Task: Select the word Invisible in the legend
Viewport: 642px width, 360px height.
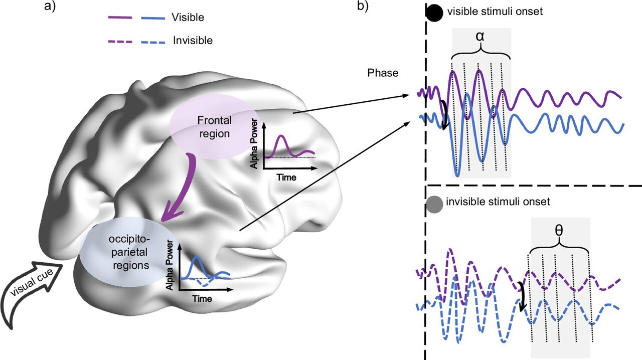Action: tap(193, 41)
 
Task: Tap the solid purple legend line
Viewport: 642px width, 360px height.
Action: tap(120, 18)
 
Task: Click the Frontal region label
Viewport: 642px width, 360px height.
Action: tap(213, 127)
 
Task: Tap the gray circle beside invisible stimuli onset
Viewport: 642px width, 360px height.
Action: tap(434, 203)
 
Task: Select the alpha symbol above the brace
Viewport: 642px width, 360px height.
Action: tap(481, 36)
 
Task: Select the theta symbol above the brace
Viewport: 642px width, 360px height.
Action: tap(559, 229)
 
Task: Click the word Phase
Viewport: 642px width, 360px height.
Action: tap(383, 73)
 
